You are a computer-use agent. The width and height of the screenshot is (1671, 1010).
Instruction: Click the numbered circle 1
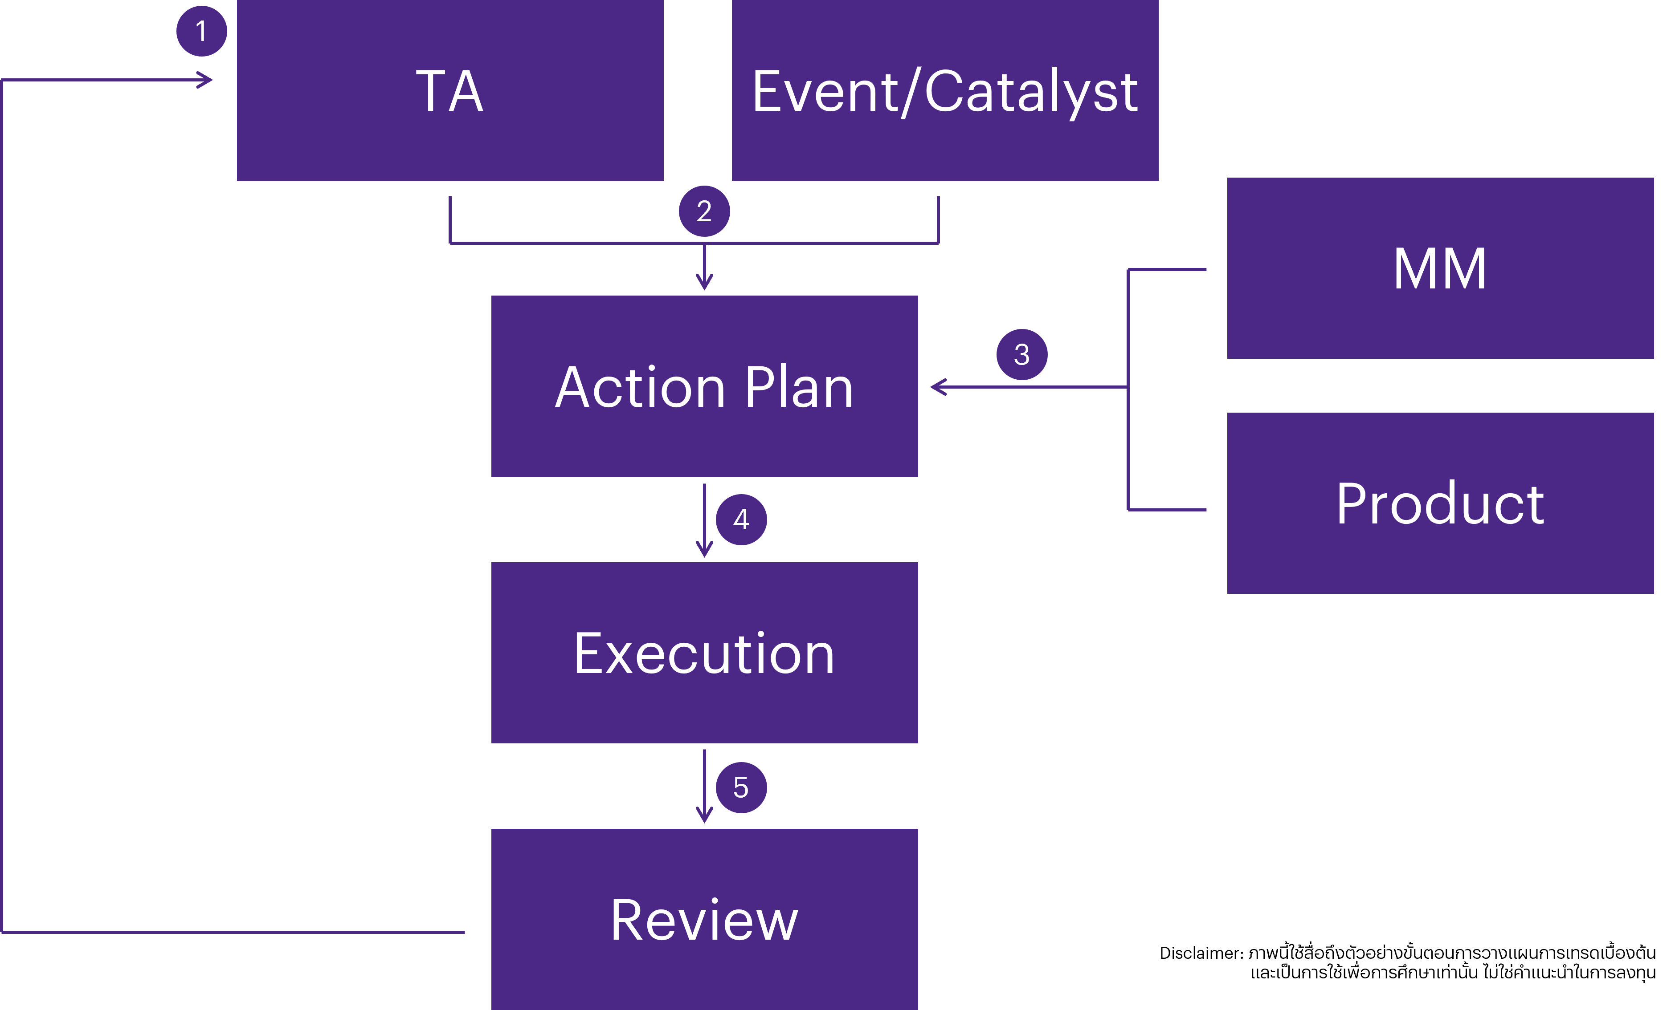(x=201, y=31)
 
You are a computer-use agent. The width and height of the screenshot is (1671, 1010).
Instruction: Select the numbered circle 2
(x=704, y=211)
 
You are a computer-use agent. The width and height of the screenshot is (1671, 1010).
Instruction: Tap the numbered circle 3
(x=1021, y=354)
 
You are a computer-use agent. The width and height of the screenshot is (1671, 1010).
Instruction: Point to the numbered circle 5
(x=741, y=788)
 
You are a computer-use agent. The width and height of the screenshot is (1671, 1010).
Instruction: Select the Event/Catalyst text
(x=945, y=92)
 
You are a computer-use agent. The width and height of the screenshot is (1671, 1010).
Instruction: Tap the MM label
(x=1440, y=269)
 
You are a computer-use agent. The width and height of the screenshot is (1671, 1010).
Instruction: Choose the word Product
(x=1440, y=504)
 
